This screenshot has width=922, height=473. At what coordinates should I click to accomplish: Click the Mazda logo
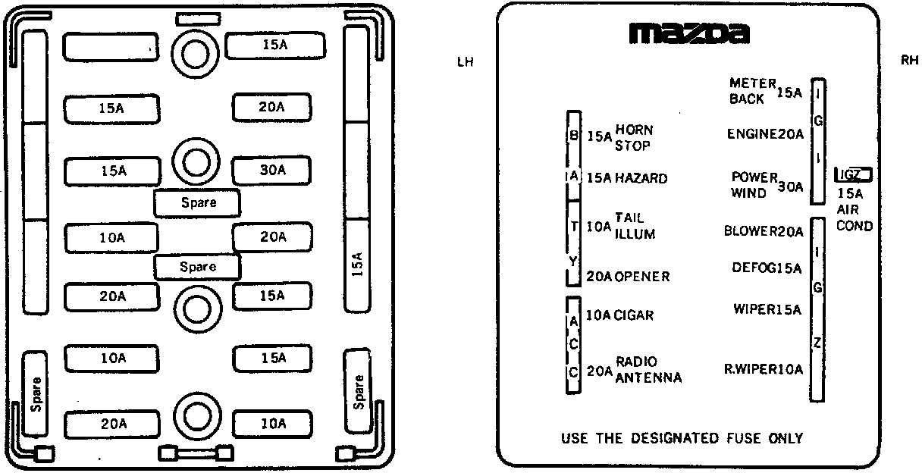coord(689,33)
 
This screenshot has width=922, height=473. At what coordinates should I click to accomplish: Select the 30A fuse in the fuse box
coord(271,170)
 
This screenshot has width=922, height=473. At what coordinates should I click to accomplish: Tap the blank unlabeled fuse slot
coord(111,47)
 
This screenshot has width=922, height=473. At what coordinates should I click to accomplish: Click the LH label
coord(465,62)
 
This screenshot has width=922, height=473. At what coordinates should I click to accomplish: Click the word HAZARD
coord(641,178)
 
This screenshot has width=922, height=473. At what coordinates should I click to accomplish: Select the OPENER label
coord(643,277)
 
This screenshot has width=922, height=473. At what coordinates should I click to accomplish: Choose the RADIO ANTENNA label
coord(648,370)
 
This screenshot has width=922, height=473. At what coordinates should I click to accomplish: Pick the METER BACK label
coord(752,91)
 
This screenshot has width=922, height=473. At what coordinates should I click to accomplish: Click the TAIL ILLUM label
coord(635,226)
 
